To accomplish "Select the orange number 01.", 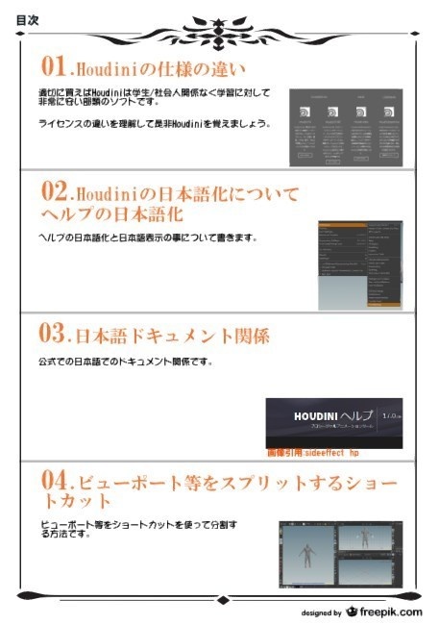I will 53,66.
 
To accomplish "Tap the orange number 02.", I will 54,189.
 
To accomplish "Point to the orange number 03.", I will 54,335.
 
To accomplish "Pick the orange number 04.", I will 54,479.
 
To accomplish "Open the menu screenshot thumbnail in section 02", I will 360,264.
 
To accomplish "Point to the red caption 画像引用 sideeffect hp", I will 312,450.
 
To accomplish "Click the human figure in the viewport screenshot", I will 306,553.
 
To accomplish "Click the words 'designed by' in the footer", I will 321,612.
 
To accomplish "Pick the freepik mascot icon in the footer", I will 352,611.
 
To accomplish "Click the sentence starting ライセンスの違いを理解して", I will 154,124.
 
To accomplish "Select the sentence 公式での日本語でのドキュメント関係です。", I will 125,362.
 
